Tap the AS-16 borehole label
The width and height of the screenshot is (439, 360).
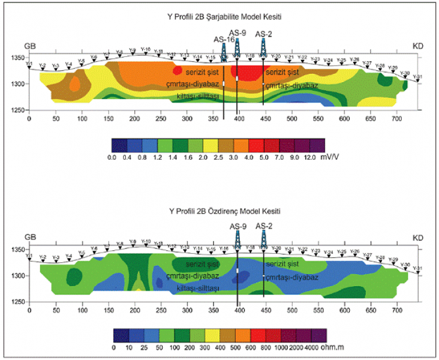tap(224, 40)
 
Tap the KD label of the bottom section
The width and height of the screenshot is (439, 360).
tap(419, 239)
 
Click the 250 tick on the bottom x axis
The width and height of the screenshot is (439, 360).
tap(160, 312)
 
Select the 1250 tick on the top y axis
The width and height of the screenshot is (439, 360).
tap(17, 110)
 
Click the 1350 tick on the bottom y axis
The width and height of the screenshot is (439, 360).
tap(17, 250)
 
